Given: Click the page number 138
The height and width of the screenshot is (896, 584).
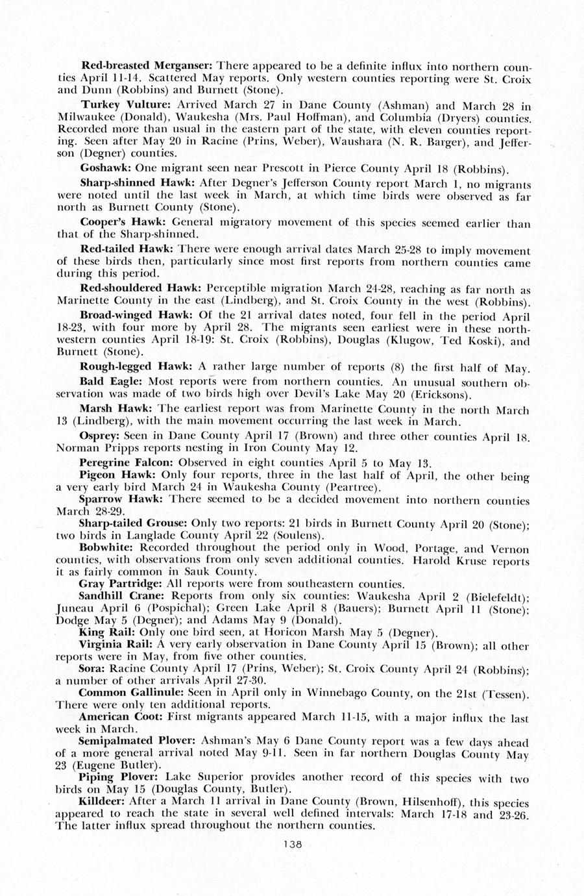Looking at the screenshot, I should point(293,844).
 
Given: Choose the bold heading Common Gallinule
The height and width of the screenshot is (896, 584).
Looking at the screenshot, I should point(128,692).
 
